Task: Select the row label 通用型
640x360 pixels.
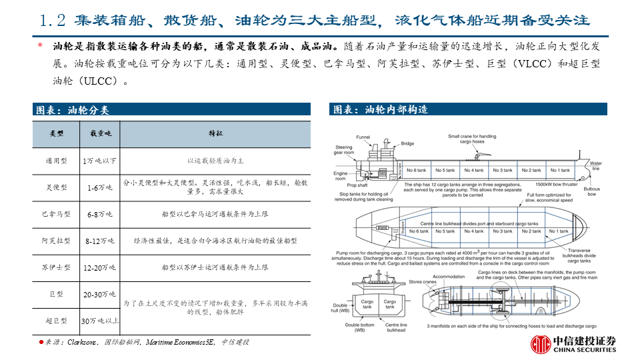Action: pos(56,161)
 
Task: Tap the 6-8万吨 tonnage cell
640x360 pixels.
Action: pos(100,215)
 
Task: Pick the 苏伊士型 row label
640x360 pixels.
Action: pos(56,267)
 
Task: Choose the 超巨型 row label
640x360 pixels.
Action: pos(56,321)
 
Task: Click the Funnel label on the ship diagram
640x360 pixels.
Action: pos(363,137)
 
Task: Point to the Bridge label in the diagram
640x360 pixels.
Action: pos(407,143)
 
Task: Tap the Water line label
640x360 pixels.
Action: pos(595,166)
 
